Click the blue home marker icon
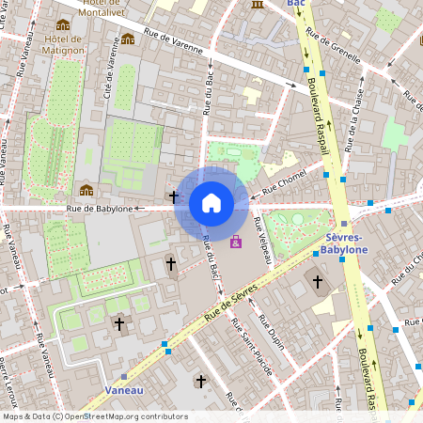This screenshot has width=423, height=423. pyautogui.click(x=211, y=203)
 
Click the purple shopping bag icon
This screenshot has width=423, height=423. pyautogui.click(x=235, y=243)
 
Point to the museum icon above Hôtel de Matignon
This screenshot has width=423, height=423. pyautogui.click(x=63, y=24)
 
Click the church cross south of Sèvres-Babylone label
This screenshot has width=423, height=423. pyautogui.click(x=318, y=281)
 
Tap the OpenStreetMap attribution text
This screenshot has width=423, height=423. pyautogui.click(x=94, y=416)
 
